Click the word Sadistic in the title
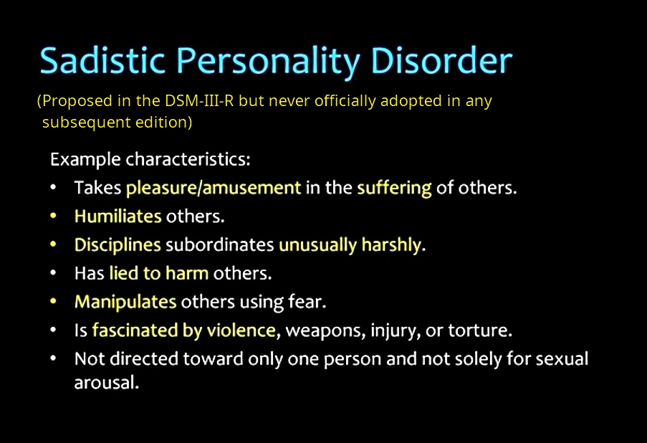102,61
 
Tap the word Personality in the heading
268,62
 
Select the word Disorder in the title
441,60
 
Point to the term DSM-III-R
199,101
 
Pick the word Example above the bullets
85,160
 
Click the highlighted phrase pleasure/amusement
214,189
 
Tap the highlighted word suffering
394,189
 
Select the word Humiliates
118,216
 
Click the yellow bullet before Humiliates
53,216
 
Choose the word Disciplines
118,245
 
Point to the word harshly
391,245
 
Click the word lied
124,273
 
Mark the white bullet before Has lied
53,273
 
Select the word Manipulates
125,303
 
